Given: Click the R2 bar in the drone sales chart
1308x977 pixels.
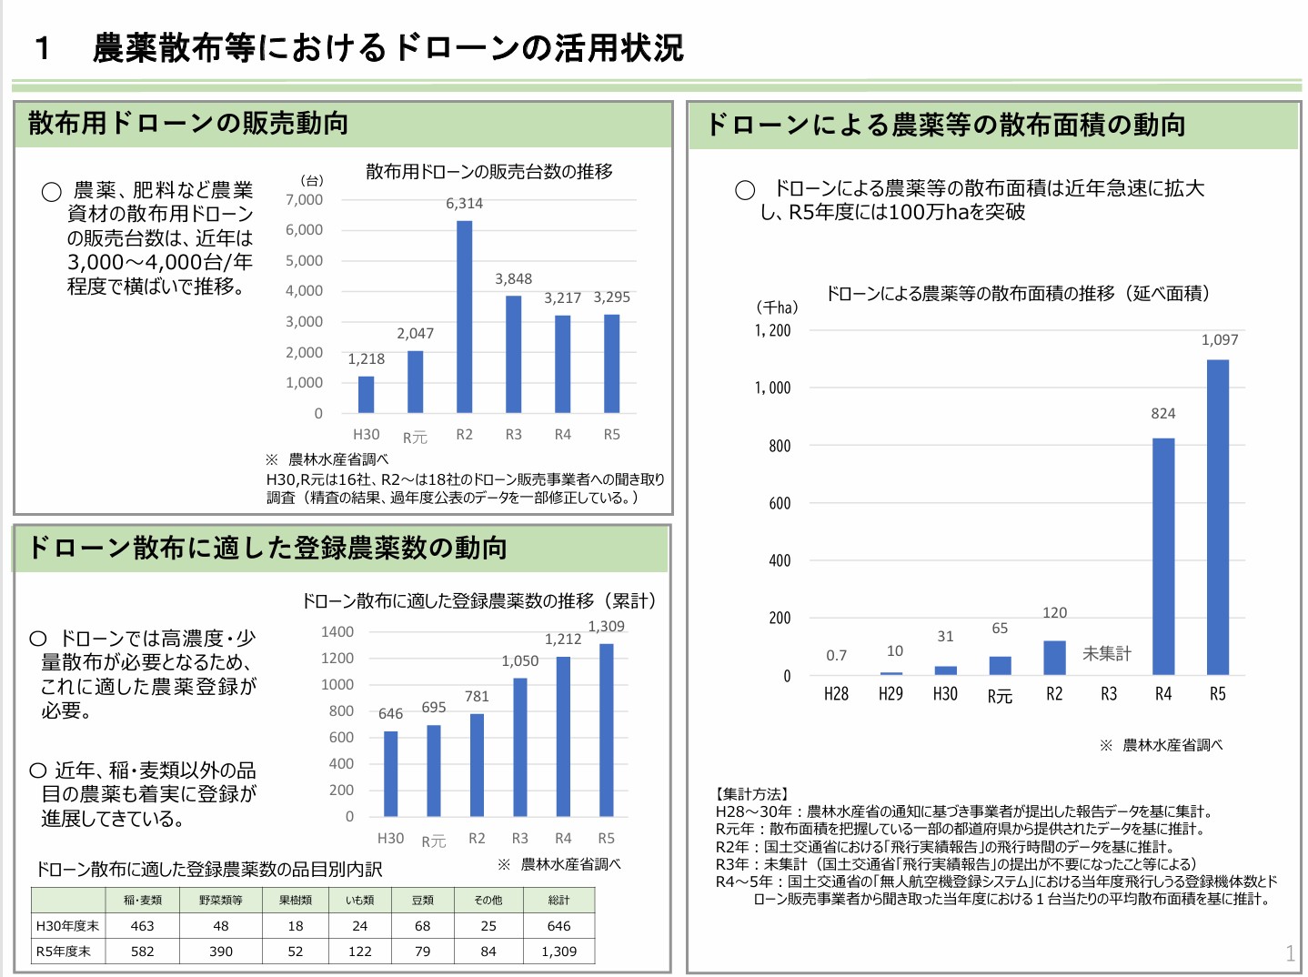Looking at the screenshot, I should pos(464,317).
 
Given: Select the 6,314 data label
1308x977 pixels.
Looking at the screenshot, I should pos(464,204).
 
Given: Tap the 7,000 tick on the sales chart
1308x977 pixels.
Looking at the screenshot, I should pos(304,200).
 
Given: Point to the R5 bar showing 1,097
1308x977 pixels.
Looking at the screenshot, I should pos(1217,517).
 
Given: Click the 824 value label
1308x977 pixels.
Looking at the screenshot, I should pos(1162,414).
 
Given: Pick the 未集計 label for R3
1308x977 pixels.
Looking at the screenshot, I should pos(1107,653).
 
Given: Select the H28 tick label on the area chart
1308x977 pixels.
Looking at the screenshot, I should pos(836,694).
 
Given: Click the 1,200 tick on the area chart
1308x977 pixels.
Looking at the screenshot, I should pos(772,331).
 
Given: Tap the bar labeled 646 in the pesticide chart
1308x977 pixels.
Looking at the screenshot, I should pos(390,773).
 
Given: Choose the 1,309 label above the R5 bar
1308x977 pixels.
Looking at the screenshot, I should pos(606,627).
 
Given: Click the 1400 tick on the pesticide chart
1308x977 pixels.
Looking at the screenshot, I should pos(337,632).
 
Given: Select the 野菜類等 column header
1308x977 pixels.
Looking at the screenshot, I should pos(221,901).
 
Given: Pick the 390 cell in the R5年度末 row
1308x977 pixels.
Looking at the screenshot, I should pos(221,952).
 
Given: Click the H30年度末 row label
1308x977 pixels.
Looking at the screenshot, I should pos(67,926).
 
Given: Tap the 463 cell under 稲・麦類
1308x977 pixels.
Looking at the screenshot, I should pos(143,926).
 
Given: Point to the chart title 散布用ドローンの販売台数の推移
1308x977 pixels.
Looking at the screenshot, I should pos(489,172).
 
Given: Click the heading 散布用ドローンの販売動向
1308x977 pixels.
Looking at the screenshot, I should pos(188,124).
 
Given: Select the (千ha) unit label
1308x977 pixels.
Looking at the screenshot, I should pos(776,307).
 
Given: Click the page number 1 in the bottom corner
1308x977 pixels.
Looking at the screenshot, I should pos(1290,953).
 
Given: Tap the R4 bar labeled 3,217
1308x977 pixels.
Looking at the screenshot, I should pos(563,364).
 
